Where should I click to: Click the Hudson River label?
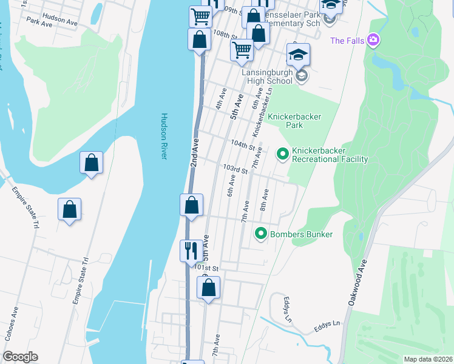(163, 136)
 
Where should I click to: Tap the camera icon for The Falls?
(373, 41)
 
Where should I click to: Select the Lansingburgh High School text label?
(267, 76)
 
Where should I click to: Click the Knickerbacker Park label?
(294, 121)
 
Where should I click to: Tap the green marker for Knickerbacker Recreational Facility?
(282, 155)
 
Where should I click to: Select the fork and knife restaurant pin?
(191, 249)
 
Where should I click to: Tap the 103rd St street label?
(235, 169)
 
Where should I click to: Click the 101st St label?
(206, 268)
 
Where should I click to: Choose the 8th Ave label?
(264, 199)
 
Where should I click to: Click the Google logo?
(20, 357)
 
